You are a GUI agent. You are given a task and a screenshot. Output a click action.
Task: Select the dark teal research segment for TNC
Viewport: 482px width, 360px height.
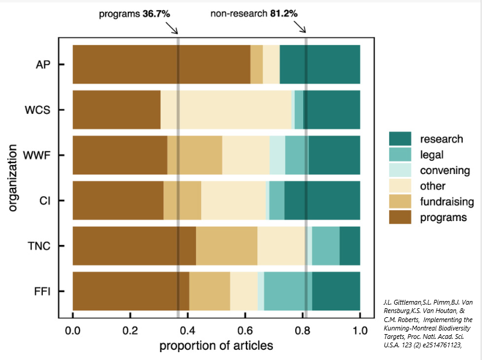tap(349, 246)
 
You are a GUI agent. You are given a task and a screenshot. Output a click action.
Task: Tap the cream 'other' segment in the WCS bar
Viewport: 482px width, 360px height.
tap(226, 110)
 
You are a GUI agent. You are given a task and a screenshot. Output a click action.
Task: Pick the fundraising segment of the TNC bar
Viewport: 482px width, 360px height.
tap(227, 246)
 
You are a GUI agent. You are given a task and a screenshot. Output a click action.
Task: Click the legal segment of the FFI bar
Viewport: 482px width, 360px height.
tap(287, 291)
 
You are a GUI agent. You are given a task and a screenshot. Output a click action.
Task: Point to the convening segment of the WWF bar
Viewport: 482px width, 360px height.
tap(277, 155)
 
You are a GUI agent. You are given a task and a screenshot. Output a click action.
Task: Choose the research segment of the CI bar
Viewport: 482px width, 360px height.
tap(322, 200)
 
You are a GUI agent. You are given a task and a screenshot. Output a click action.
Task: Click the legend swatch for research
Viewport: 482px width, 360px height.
tap(398, 139)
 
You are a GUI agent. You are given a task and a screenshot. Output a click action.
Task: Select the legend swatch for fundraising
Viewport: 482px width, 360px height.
tap(398, 202)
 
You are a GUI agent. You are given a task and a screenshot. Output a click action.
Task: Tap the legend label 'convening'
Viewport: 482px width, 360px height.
tap(442, 170)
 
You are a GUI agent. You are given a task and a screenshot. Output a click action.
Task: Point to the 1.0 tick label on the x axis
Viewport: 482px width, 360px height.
tap(360, 330)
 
